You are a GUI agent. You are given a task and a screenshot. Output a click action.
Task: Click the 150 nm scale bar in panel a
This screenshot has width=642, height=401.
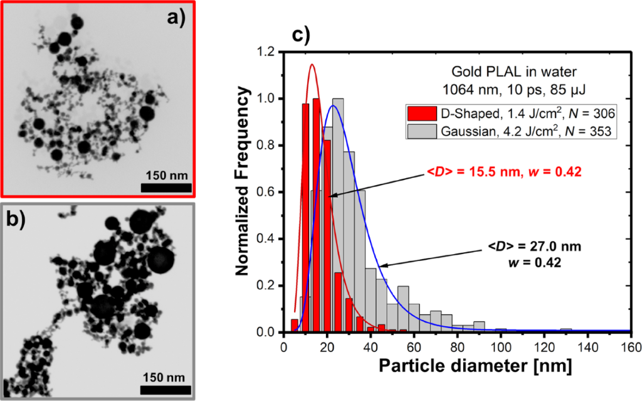[x=166, y=188]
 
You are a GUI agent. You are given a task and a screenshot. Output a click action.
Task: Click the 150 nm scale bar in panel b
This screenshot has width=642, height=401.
[x=166, y=390]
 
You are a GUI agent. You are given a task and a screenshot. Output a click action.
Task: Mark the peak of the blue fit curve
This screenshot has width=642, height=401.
[x=334, y=105]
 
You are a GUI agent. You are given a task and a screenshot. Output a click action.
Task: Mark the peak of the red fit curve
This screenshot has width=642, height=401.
[x=311, y=64]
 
